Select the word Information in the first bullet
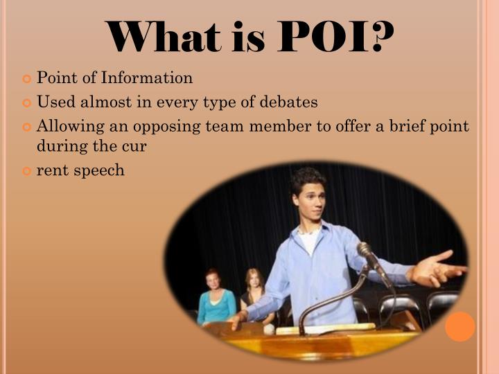[x=150, y=78]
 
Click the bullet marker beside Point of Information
[x=28, y=79]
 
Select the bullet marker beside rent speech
[x=28, y=170]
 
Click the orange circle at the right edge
[x=460, y=326]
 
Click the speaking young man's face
[x=309, y=197]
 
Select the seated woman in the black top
[x=254, y=294]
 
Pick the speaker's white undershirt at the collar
[x=309, y=240]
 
